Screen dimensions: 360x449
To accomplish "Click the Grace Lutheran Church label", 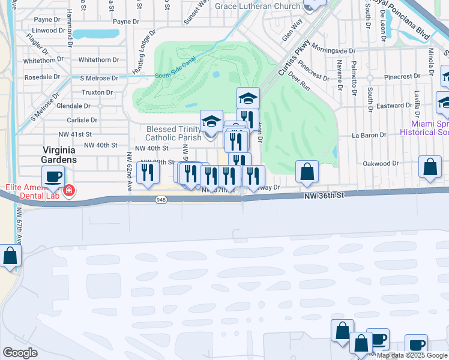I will pyautogui.click(x=257, y=7).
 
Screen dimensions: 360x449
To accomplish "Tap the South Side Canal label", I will pyautogui.click(x=175, y=75).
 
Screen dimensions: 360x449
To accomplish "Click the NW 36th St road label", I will pyautogui.click(x=324, y=196).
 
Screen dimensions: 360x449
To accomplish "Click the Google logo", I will pyautogui.click(x=20, y=352).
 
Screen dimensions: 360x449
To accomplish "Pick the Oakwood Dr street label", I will pyautogui.click(x=381, y=163).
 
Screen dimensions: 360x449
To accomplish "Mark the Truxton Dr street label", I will pyautogui.click(x=97, y=93).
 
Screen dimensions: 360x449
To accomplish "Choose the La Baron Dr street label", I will pyautogui.click(x=369, y=136).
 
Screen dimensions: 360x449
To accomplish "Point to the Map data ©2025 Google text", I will pyautogui.click(x=412, y=355).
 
